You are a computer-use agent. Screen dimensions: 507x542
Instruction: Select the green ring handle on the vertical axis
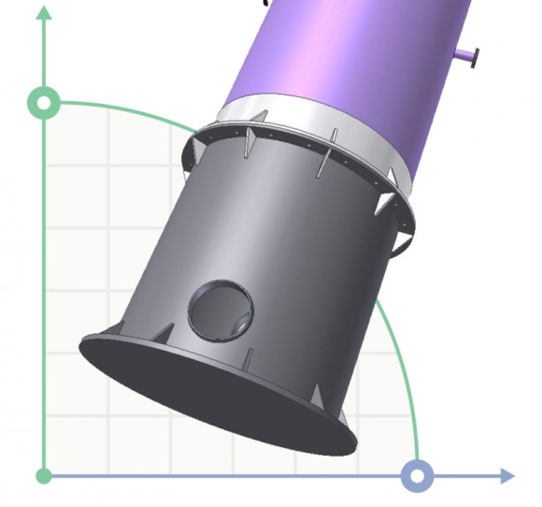point(43,103)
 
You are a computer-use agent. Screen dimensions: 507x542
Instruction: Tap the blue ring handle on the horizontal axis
point(417,475)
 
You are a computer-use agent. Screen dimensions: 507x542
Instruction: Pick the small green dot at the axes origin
point(43,476)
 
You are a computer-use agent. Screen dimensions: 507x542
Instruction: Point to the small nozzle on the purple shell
point(466,58)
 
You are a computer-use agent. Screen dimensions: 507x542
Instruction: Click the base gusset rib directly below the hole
point(249,359)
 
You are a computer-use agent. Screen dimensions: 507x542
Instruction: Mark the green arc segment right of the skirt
point(397,355)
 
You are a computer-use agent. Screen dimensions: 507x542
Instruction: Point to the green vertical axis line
point(43,281)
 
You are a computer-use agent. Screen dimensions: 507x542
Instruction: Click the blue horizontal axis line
point(234,476)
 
